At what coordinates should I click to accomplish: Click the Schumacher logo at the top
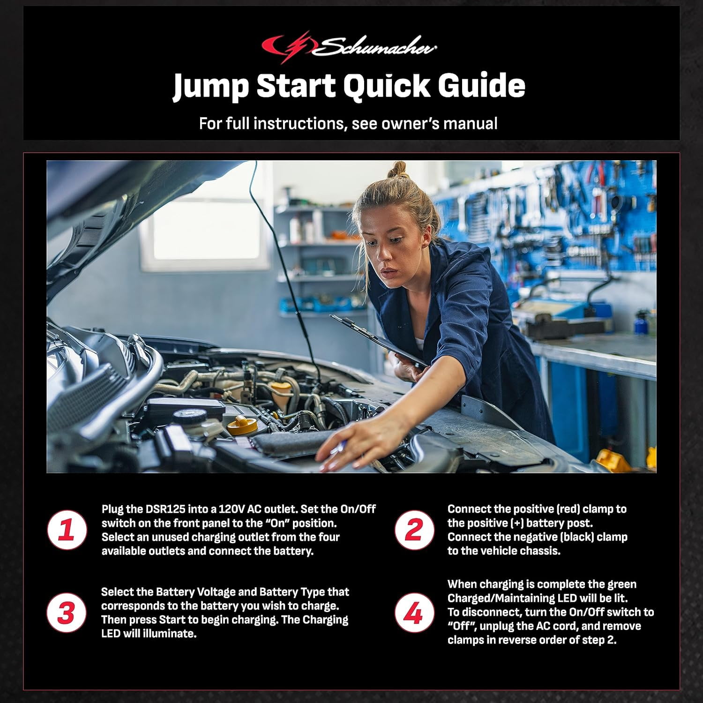(349, 46)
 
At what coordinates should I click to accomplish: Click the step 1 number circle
(67, 530)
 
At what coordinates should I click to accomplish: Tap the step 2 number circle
(413, 530)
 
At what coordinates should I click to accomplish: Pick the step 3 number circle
(67, 613)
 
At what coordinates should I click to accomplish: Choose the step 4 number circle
(413, 613)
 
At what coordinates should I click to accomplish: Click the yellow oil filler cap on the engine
(242, 425)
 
